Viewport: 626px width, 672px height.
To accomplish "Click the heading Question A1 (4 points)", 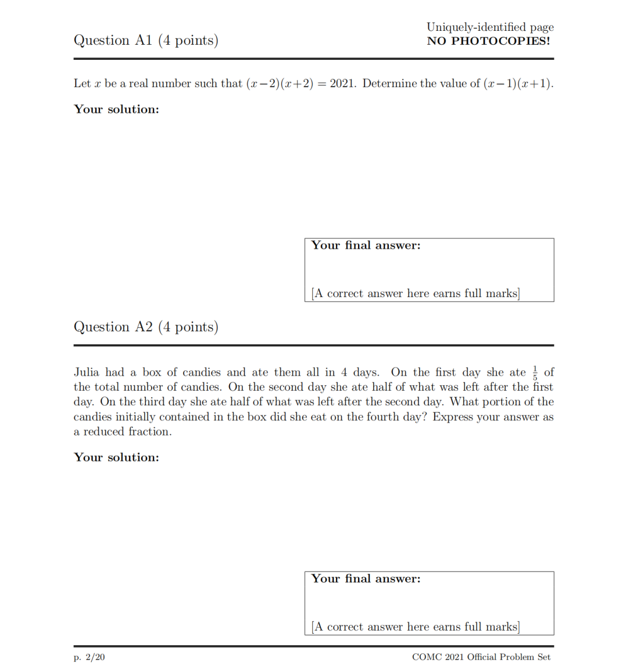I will point(146,40).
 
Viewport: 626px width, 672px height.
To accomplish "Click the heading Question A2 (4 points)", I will point(146,327).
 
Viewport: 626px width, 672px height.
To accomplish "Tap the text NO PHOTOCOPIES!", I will point(488,41).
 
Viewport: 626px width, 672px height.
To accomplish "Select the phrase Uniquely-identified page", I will point(490,27).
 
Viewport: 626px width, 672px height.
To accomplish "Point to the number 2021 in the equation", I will point(342,84).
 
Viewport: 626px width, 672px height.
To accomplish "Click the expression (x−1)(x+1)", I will point(518,84).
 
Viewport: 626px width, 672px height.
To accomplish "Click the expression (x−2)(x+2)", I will point(280,84).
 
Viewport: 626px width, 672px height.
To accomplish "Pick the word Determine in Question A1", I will point(389,84).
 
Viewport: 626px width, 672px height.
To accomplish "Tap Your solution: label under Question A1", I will point(116,109).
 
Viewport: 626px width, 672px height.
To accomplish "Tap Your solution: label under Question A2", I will point(116,457).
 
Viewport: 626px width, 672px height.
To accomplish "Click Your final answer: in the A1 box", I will point(366,245).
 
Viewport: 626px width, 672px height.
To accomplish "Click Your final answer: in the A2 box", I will point(366,579).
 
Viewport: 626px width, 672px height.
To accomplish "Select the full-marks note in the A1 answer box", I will point(416,294).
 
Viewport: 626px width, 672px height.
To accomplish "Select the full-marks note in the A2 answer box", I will point(416,627).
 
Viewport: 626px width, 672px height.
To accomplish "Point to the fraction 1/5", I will point(535,372).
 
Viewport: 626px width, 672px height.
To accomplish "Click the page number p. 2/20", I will point(89,657).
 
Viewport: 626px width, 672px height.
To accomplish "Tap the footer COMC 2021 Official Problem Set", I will point(481,657).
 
